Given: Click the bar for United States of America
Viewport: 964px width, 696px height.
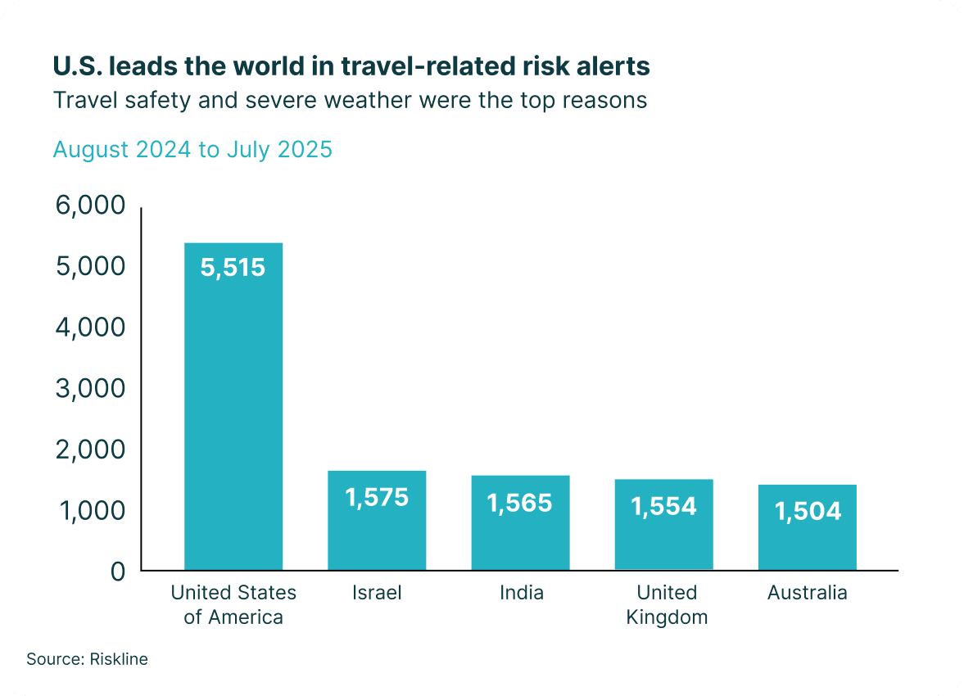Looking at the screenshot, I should pos(233,409).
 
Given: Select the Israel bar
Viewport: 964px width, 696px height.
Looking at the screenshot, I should pos(377,532).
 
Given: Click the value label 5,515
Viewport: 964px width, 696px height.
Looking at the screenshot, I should pos(233,268).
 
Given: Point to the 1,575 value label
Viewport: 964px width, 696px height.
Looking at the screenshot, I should pos(377,496).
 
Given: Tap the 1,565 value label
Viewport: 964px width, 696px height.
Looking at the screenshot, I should pos(520,502).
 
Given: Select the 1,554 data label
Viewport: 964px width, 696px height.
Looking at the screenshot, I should pos(663,506).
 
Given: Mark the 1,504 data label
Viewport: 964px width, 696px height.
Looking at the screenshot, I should pos(808,511).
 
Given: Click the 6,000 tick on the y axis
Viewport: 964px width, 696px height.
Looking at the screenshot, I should pos(90,206).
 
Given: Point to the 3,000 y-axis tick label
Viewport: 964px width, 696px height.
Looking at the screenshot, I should pos(90,388).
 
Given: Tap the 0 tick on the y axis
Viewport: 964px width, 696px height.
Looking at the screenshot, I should pos(118,571).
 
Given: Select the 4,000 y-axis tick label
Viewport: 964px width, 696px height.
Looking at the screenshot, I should pos(90,328).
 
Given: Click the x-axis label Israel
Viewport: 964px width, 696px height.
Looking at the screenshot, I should pos(377,593).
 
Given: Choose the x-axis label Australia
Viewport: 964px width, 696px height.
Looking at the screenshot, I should pos(808,593).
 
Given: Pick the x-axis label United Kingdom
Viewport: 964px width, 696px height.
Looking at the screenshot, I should pos(667,604).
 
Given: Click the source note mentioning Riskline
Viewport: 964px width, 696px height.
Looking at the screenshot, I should pos(87,658).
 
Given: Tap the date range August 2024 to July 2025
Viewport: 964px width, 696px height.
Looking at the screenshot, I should pos(192,150).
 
